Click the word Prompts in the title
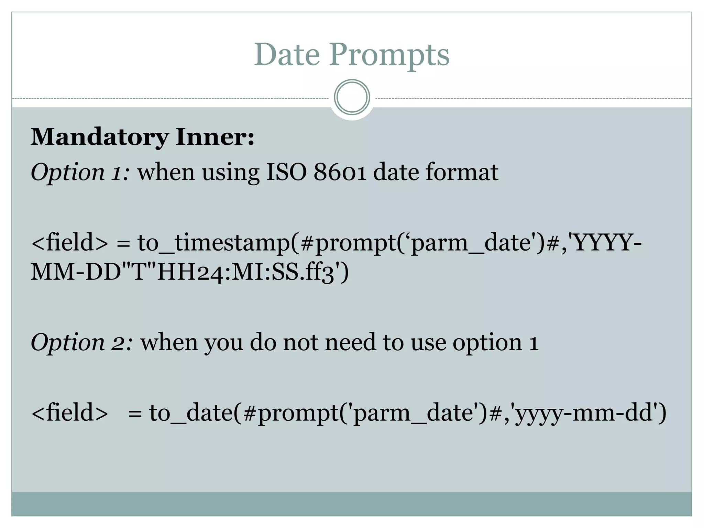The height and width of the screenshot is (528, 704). coord(389,55)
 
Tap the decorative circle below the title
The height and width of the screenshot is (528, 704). coord(352,97)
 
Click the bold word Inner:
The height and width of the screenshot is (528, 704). coord(215,137)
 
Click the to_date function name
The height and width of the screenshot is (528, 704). coord(191,412)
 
